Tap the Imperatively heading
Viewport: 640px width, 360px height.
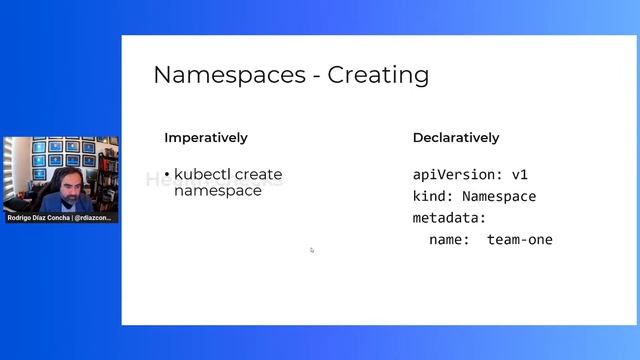(x=206, y=138)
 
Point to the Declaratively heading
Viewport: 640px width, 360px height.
(x=456, y=138)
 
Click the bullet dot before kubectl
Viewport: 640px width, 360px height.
(x=167, y=176)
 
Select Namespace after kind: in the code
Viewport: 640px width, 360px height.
(x=499, y=196)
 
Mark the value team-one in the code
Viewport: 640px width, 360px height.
(x=520, y=240)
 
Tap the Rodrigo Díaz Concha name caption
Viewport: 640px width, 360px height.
(x=45, y=217)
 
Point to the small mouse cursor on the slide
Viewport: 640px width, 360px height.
(x=311, y=250)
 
